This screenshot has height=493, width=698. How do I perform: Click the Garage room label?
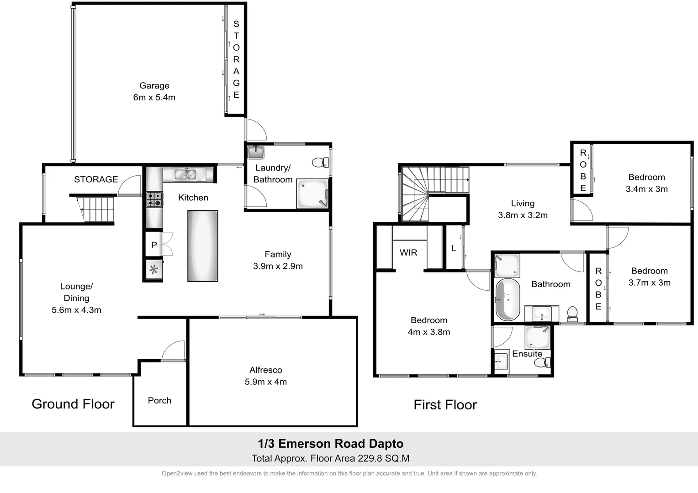tap(154, 86)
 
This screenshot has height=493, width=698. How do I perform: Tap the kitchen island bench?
tap(202, 246)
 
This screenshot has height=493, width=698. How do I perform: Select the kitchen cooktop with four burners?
tap(154, 199)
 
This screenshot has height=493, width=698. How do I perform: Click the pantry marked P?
tap(154, 245)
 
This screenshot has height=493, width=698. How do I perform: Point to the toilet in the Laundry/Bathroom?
tap(320, 162)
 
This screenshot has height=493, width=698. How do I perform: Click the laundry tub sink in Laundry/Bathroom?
tap(256, 152)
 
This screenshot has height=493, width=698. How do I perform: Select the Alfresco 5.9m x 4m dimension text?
tap(265, 382)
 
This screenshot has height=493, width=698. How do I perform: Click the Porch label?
tap(159, 400)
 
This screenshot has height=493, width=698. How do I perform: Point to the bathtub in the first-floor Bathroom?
tap(508, 299)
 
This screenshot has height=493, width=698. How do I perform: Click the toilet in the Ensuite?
tap(542, 362)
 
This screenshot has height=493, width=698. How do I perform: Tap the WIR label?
tap(408, 252)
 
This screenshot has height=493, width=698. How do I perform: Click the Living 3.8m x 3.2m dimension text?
tap(523, 215)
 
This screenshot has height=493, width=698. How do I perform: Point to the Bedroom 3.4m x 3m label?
tap(646, 183)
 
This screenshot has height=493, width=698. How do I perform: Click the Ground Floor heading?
tap(73, 404)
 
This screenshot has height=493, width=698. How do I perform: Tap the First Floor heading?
tap(445, 405)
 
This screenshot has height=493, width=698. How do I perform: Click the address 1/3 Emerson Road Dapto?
tap(330, 444)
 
